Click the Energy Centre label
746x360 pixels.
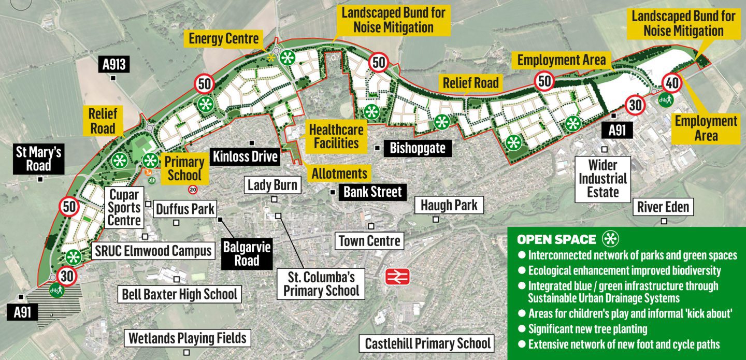pyautogui.click(x=223, y=38)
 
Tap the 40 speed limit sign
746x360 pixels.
pyautogui.click(x=672, y=83)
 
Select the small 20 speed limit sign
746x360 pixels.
pyautogui.click(x=193, y=190)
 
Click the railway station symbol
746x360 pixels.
pyautogui.click(x=397, y=277)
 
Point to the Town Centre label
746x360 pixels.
pyautogui.click(x=369, y=240)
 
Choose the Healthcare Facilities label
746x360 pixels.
pyautogui.click(x=336, y=136)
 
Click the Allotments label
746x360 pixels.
pyautogui.click(x=339, y=174)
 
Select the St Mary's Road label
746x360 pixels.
pyautogui.click(x=39, y=159)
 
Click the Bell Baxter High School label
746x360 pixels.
pyautogui.click(x=179, y=295)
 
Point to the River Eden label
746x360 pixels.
pyautogui.click(x=663, y=207)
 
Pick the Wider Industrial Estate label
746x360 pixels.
pyautogui.click(x=603, y=179)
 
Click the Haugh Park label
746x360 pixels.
pyautogui.click(x=449, y=205)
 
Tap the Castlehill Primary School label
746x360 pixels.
pyautogui.click(x=427, y=343)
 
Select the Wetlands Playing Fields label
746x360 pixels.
pyautogui.click(x=187, y=338)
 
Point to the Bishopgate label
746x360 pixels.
pyautogui.click(x=418, y=149)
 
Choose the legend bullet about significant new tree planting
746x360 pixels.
pyautogui.click(x=587, y=328)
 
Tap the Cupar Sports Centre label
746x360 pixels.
pyautogui.click(x=124, y=208)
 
